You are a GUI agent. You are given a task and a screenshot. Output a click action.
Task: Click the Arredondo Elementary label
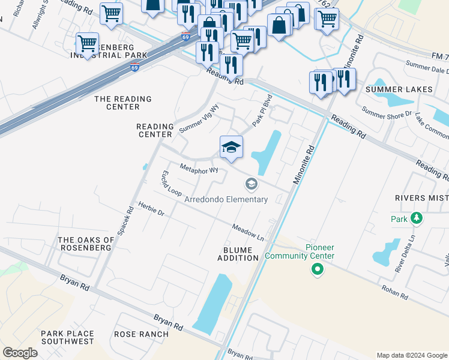[226, 199]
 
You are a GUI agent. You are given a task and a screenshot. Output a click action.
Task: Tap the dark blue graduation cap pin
[231, 148]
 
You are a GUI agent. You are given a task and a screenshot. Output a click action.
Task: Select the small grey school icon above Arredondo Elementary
[251, 184]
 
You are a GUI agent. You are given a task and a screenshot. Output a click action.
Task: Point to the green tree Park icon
[415, 219]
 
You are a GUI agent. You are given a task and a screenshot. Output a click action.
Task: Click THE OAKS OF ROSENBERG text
[85, 244]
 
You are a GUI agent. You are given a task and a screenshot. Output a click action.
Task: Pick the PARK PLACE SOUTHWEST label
[67, 337]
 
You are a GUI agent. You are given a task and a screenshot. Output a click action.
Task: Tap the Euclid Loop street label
[170, 184]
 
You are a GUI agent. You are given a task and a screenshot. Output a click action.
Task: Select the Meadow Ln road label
[248, 232]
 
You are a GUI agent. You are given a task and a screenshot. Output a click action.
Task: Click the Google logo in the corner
[20, 353]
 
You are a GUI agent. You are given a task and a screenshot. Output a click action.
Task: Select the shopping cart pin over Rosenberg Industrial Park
[88, 44]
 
